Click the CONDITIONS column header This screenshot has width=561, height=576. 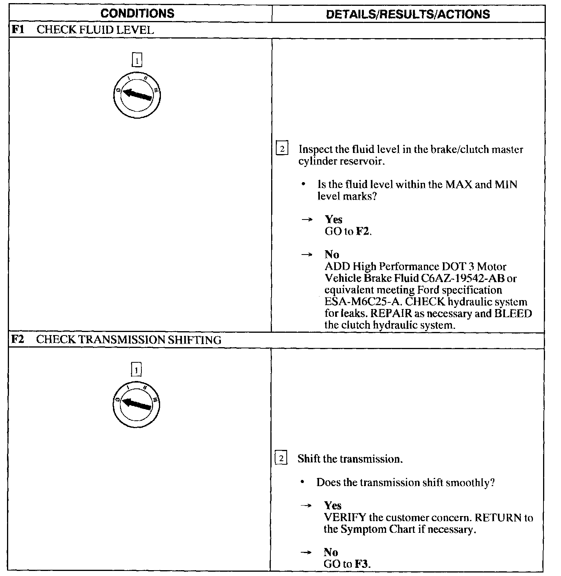pyautogui.click(x=137, y=14)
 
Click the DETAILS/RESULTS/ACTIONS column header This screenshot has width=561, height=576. pyautogui.click(x=408, y=14)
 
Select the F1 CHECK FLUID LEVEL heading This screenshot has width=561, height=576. pyautogui.click(x=82, y=30)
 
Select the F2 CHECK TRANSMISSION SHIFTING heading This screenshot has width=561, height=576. pyautogui.click(x=116, y=340)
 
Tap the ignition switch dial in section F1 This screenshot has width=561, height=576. pyautogui.click(x=137, y=95)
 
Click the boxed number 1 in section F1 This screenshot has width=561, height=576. pyautogui.click(x=137, y=61)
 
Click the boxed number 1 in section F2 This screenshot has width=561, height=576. pyautogui.click(x=136, y=370)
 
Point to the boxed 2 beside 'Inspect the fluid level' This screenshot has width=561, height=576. pyautogui.click(x=282, y=149)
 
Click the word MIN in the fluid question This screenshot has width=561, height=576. pyautogui.click(x=506, y=184)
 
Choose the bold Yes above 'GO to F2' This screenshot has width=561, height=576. pyautogui.click(x=333, y=220)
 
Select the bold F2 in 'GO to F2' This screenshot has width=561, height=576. pyautogui.click(x=363, y=232)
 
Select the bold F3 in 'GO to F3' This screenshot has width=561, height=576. pyautogui.click(x=361, y=564)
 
